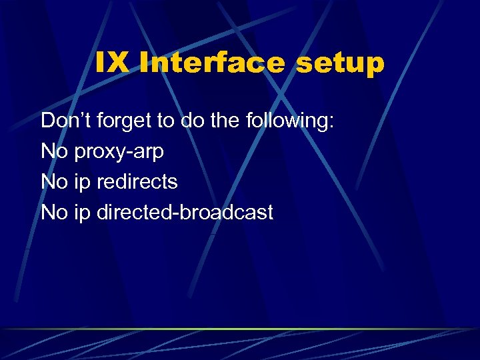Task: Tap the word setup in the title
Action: pos(342,64)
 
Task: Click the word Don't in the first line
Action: pos(67,121)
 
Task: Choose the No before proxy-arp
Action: pos(54,152)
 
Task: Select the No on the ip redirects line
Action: pos(54,182)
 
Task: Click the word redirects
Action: pos(137,182)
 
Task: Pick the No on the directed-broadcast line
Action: pos(54,213)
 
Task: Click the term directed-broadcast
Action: pos(185,213)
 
